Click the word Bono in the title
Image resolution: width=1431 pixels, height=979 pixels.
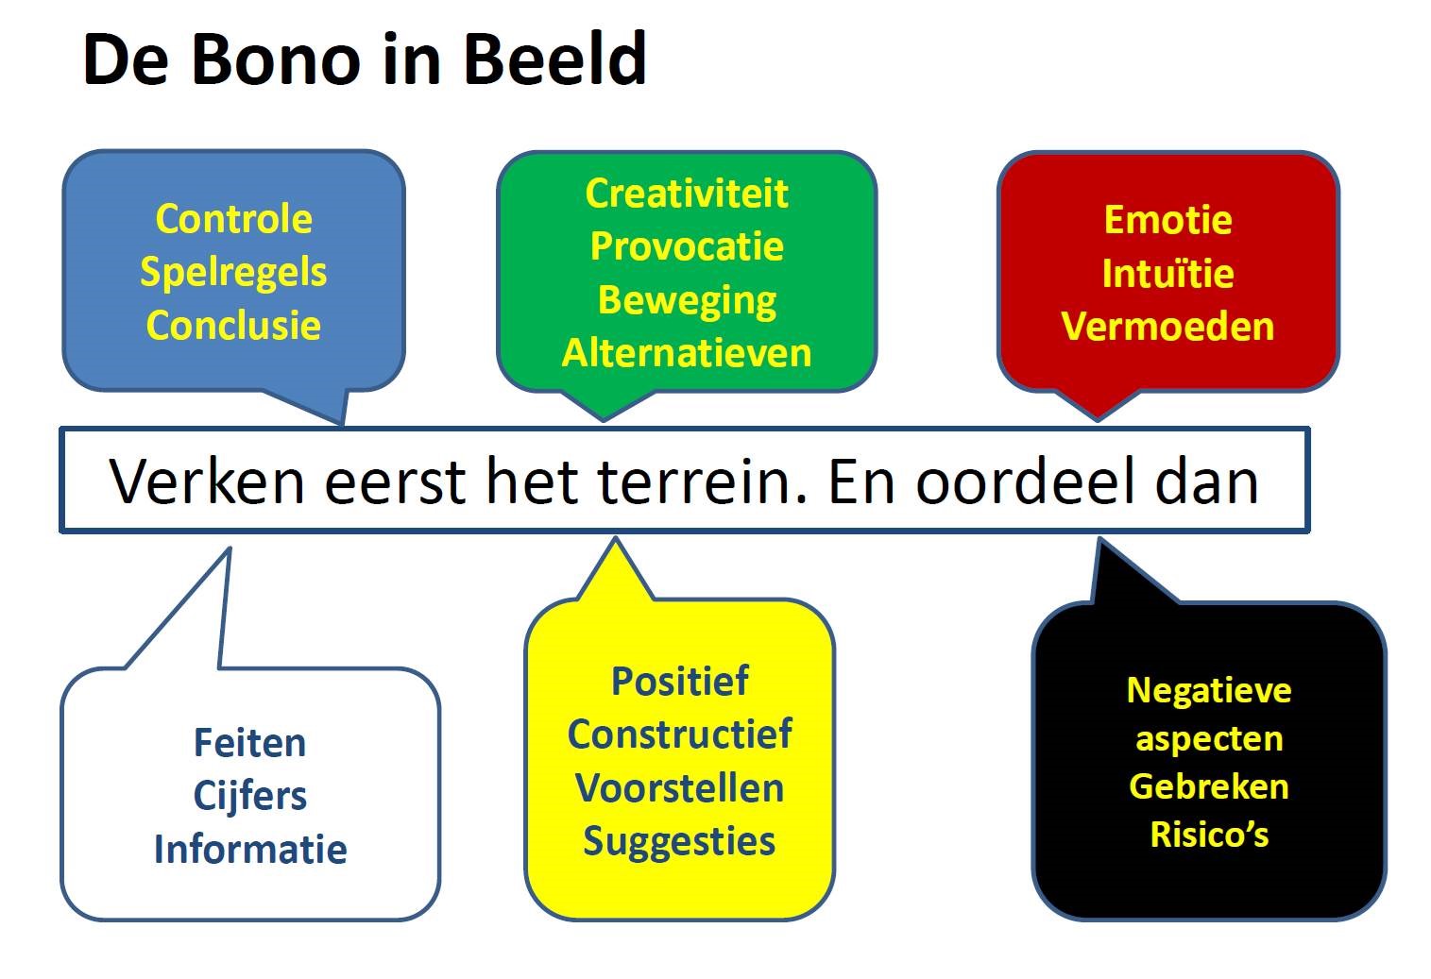(276, 59)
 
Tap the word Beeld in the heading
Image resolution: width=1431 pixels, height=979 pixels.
(554, 59)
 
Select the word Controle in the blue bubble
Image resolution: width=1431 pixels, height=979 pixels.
(234, 219)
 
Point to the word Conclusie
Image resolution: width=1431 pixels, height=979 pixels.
(233, 325)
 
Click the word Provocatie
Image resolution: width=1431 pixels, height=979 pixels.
(687, 246)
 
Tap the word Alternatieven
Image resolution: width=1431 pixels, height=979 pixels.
(687, 352)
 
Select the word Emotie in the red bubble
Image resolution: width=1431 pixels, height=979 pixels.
(1167, 220)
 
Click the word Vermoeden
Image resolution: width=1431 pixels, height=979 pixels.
(1167, 327)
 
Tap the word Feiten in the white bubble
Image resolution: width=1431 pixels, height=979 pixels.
(249, 743)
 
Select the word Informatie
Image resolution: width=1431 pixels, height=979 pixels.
(250, 850)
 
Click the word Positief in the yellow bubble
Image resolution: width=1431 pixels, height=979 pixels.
(680, 681)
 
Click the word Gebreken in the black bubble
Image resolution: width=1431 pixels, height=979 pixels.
(1209, 786)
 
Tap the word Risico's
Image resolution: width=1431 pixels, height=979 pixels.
(1209, 834)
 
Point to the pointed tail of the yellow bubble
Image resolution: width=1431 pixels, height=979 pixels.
(616, 538)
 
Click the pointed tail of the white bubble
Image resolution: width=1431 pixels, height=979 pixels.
(230, 549)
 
